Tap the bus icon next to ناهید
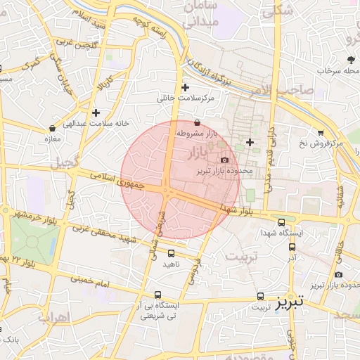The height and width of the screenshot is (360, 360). tap(172, 253)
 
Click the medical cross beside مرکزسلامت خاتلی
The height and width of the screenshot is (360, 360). tap(185, 88)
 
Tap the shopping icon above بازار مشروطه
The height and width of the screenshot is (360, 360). tap(197, 122)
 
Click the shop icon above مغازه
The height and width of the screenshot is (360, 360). tap(53, 129)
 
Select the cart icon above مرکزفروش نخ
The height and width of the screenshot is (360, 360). tap(321, 132)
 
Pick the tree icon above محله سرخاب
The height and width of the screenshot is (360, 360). tap(350, 60)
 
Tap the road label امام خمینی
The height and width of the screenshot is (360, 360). tap(91, 281)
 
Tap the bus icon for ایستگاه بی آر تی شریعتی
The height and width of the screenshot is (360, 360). tap(158, 296)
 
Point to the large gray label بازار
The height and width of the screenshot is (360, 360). tap(200, 151)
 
